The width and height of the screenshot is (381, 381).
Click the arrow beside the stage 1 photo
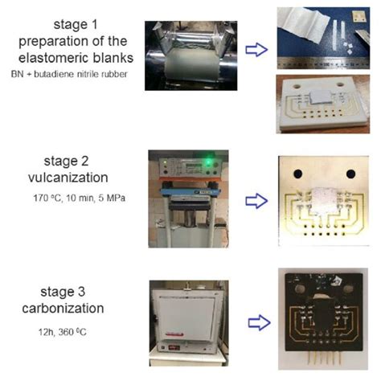point(255,50)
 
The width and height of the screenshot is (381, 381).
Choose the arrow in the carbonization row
point(256,323)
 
